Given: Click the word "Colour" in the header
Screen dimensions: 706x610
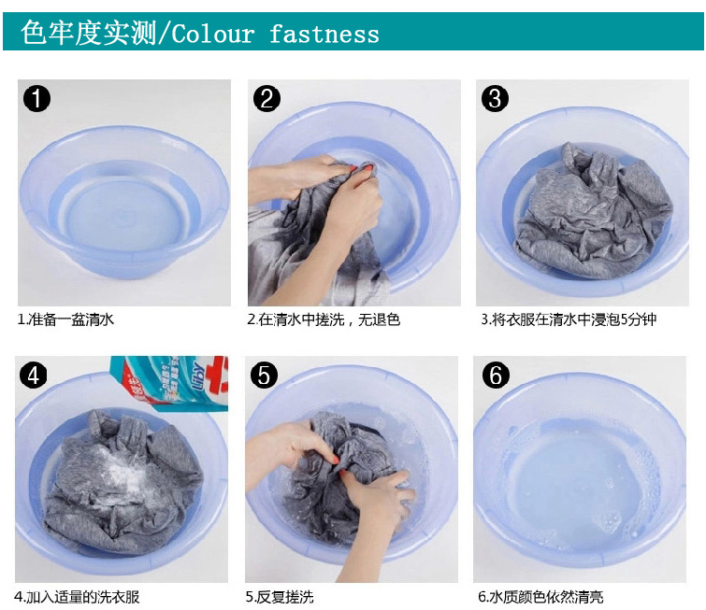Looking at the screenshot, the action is pos(213,35).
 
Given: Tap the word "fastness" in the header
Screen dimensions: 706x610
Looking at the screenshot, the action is pos(324,35).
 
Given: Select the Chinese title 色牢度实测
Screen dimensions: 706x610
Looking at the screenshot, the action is pos(88,33).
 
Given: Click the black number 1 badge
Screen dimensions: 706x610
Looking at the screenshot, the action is pos(36,98).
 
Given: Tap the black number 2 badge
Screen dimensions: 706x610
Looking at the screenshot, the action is pos(267,98).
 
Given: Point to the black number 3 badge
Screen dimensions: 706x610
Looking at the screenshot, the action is pos(495,98).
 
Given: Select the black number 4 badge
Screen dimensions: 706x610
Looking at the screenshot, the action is pos(34,376).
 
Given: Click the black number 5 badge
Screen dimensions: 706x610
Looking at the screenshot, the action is pos(264,376).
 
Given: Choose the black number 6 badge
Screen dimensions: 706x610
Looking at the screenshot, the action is pos(496,376).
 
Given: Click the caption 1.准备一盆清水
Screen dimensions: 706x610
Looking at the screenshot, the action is pos(65,319).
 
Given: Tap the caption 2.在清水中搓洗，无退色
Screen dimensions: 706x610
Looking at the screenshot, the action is pos(324,319).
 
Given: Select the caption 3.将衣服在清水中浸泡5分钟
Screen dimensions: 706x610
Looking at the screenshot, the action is pos(569,319).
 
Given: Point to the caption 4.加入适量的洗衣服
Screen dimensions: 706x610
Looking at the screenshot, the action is pos(77,597).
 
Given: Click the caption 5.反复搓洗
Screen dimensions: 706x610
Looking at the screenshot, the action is pos(280,597).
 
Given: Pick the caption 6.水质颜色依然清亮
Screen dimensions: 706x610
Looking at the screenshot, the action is pos(540,597).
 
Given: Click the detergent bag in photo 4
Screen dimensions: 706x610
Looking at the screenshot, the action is pos(170,383).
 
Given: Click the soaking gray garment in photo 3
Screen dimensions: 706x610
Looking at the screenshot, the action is pos(594,209).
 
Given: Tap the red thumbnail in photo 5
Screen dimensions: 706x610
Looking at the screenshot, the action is pos(335,460).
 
